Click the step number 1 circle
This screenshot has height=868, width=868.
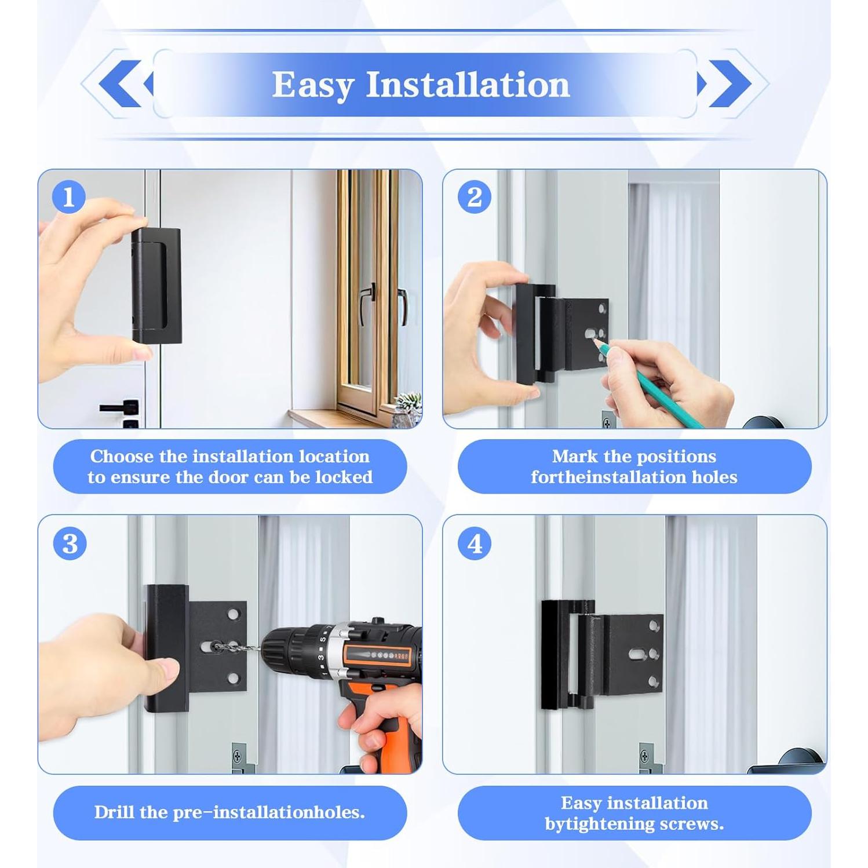pos(69,197)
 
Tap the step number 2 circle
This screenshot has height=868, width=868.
pos(474,197)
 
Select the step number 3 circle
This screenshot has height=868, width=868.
pos(70,544)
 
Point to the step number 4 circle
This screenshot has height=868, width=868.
pos(474,544)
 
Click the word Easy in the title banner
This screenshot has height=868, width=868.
pos(312,85)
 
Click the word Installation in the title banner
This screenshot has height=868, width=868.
pos(468,85)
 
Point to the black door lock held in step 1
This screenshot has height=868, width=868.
pos(156,285)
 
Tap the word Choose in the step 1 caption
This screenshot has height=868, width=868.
pos(122,457)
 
